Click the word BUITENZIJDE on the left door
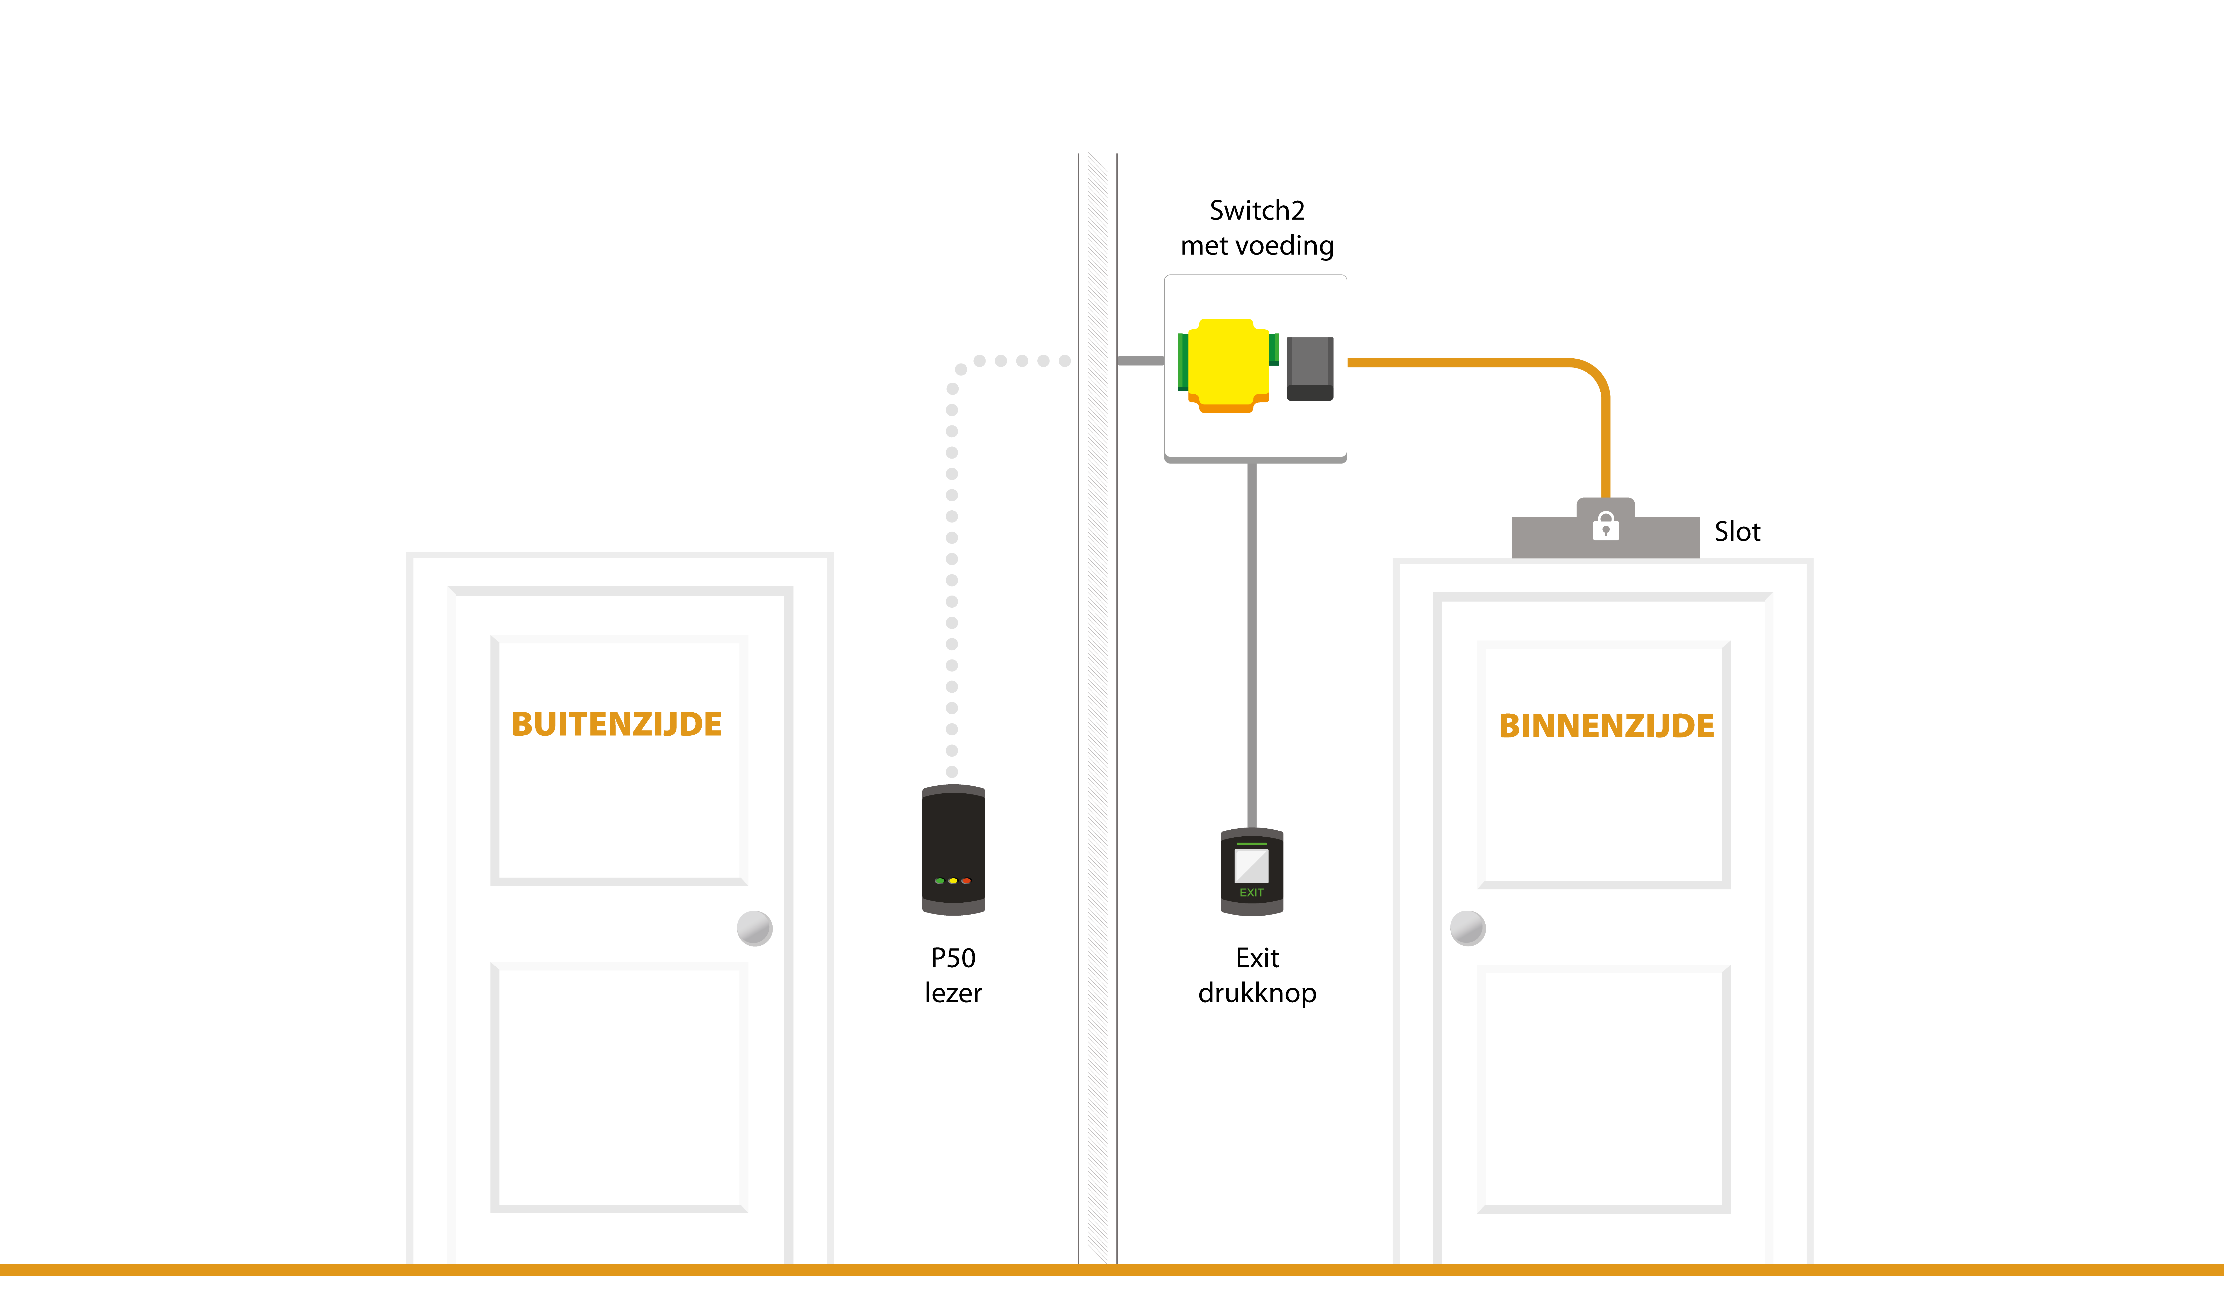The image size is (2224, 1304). (x=617, y=724)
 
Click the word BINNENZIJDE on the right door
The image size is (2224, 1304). (x=1606, y=726)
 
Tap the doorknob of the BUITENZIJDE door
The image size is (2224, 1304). (x=754, y=928)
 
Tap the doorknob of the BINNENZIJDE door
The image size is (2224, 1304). (x=1468, y=928)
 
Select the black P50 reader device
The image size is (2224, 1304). (x=953, y=850)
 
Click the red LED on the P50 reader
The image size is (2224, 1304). (x=966, y=880)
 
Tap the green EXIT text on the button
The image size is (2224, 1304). (x=1251, y=893)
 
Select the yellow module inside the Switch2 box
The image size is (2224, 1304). (x=1228, y=364)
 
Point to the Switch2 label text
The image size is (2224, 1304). (x=1257, y=211)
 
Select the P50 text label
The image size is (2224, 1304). (x=953, y=958)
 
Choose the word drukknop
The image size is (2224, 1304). (x=1257, y=994)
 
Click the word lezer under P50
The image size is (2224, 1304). (x=953, y=994)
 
